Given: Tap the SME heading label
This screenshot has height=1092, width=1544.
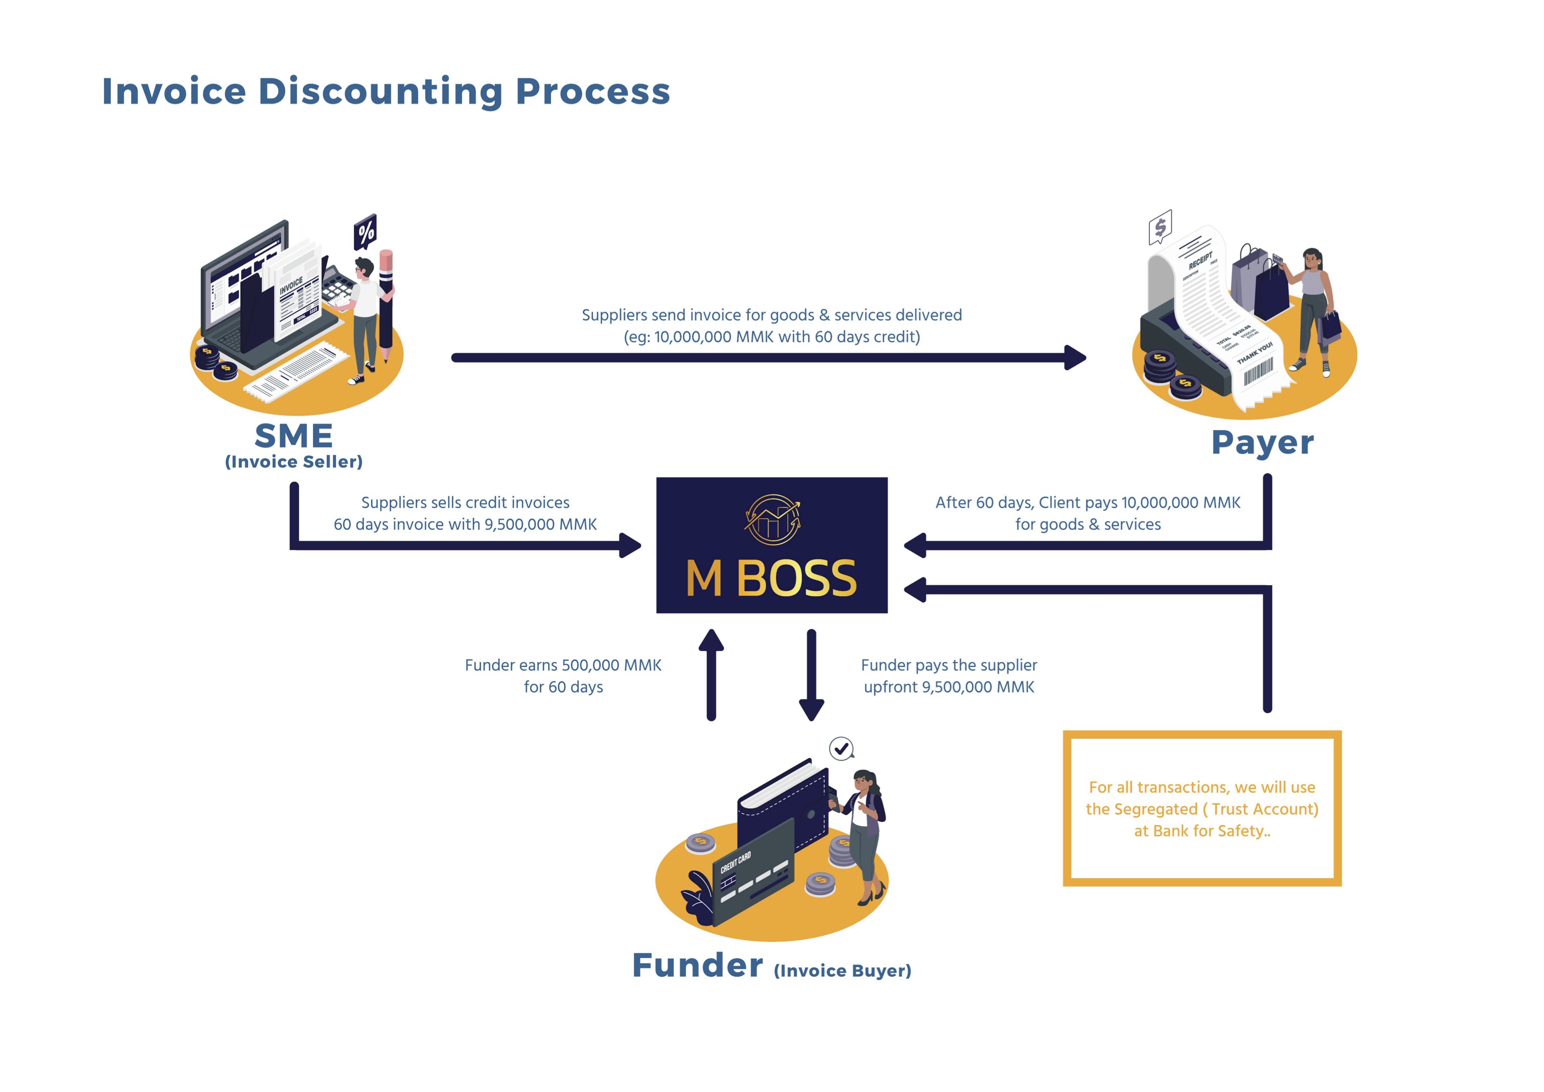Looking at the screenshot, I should click(294, 436).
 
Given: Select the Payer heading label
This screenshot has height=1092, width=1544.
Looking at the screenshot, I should click(1262, 443).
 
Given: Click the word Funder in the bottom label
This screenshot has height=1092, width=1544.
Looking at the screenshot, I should click(697, 966).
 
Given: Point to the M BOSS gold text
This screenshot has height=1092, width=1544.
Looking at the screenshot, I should click(771, 579).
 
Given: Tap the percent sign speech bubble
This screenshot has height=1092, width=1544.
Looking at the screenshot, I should click(365, 232).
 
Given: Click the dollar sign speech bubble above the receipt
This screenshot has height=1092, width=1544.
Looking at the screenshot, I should click(1160, 227).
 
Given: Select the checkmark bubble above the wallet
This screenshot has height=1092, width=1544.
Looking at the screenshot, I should click(841, 748).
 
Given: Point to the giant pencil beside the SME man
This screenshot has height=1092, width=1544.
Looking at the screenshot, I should click(386, 303).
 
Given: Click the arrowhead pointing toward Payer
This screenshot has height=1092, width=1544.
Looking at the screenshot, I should click(1075, 357).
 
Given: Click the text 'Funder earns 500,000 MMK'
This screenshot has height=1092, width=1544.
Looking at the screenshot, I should click(563, 665).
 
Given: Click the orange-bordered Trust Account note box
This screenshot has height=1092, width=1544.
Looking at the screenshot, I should click(1202, 808).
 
